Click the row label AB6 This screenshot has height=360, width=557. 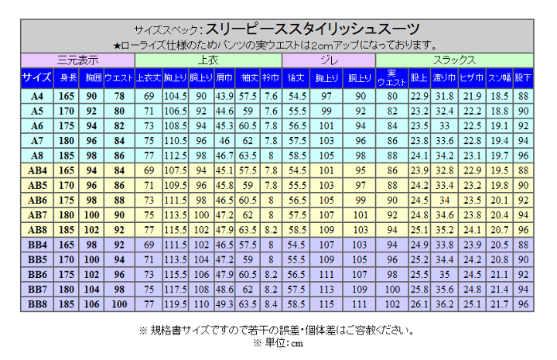click(x=37, y=200)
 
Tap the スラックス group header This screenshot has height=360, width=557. click(x=454, y=59)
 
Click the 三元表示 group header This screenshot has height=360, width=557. click(x=77, y=59)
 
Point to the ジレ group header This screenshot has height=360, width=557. click(x=328, y=59)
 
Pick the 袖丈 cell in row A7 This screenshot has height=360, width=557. click(x=249, y=141)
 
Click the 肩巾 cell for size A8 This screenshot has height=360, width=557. click(x=224, y=156)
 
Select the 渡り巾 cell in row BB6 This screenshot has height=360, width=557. click(x=444, y=274)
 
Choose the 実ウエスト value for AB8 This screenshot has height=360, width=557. click(x=392, y=230)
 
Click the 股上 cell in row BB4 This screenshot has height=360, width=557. click(x=419, y=245)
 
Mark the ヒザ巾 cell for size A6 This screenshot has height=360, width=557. click(x=471, y=125)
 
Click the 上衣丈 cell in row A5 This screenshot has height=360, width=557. click(x=149, y=111)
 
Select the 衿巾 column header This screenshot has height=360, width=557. click(x=270, y=77)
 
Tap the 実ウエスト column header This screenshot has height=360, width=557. click(x=392, y=77)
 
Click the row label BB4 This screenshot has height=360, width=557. click(x=37, y=245)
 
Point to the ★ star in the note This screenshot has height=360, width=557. click(x=118, y=45)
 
